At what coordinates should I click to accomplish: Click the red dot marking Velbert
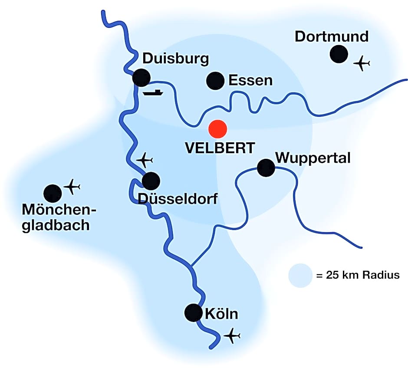coord(217,129)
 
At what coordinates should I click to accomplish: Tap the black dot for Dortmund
coord(339,54)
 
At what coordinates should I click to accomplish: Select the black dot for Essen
coord(215,81)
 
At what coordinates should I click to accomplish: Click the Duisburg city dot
coord(141,78)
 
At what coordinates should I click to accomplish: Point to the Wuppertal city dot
coord(266,168)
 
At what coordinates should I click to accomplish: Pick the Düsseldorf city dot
coord(151,181)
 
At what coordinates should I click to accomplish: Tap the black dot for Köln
coord(193,312)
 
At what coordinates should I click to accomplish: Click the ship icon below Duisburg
coord(152,92)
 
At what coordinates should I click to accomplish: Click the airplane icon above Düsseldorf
coord(145,160)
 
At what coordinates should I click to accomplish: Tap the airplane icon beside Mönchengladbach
coord(72,187)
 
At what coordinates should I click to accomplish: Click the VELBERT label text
coord(220,148)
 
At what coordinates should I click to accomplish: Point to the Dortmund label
coord(332,36)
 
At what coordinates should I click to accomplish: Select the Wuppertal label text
coord(313,157)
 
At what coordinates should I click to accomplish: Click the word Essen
coord(250,80)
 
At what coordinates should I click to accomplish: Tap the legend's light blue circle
coord(300,276)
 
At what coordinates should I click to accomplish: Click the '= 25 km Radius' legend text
coord(357,276)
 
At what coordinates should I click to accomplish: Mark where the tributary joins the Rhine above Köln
coord(191,265)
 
